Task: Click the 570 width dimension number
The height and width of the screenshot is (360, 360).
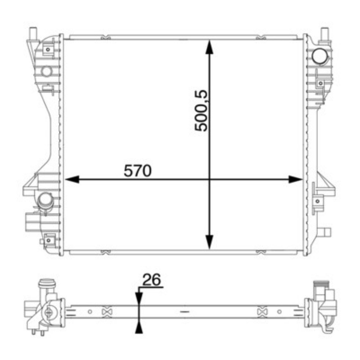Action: pyautogui.click(x=138, y=171)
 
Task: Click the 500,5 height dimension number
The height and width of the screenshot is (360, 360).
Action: pyautogui.click(x=201, y=111)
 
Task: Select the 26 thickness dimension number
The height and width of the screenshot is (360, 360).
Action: pyautogui.click(x=152, y=279)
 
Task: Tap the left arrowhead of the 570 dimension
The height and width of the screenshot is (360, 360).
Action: pyautogui.click(x=72, y=179)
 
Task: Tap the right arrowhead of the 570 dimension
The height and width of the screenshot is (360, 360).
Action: pyautogui.click(x=296, y=179)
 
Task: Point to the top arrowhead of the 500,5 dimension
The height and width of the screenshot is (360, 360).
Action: pyautogui.click(x=209, y=47)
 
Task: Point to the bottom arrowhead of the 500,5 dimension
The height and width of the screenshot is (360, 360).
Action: pyautogui.click(x=209, y=242)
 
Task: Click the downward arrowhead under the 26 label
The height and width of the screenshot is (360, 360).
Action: pyautogui.click(x=139, y=299)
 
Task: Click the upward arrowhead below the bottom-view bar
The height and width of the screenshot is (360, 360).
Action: pyautogui.click(x=139, y=327)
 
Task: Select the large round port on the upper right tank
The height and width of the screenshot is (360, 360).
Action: pyautogui.click(x=320, y=56)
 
